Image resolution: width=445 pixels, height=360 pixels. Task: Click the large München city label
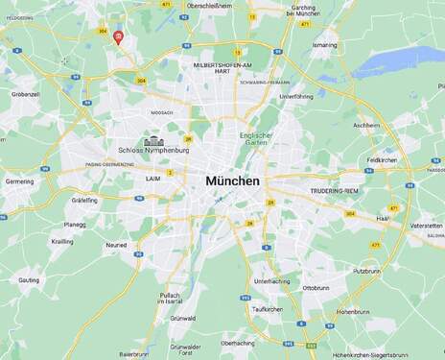coord(232,180)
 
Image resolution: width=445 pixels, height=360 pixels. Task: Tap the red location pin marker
coord(117,37)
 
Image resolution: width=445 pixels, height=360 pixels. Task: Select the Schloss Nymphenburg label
coord(153,151)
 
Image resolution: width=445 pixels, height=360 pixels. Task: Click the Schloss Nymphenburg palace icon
coord(152,141)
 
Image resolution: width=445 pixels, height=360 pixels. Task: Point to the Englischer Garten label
coord(256,139)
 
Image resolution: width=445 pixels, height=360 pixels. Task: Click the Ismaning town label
coord(324,44)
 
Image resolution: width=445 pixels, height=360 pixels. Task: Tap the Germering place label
coord(19,180)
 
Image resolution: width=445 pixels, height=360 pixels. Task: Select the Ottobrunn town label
coord(316,287)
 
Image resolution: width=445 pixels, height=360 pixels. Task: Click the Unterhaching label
coord(272,281)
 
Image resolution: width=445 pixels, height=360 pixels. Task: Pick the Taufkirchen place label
coord(267,309)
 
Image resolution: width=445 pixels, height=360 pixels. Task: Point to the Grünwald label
coord(183,318)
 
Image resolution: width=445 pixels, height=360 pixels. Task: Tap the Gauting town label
coord(29,279)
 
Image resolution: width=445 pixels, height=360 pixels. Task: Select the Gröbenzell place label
coord(26,95)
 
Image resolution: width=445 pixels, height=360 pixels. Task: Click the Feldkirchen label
coord(382,160)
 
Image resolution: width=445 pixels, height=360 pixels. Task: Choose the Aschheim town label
coord(366,125)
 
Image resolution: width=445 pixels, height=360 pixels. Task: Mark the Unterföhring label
coord(295,97)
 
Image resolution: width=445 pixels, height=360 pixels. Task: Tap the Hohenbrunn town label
coord(353,311)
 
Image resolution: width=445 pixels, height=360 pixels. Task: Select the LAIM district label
coord(153,178)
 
